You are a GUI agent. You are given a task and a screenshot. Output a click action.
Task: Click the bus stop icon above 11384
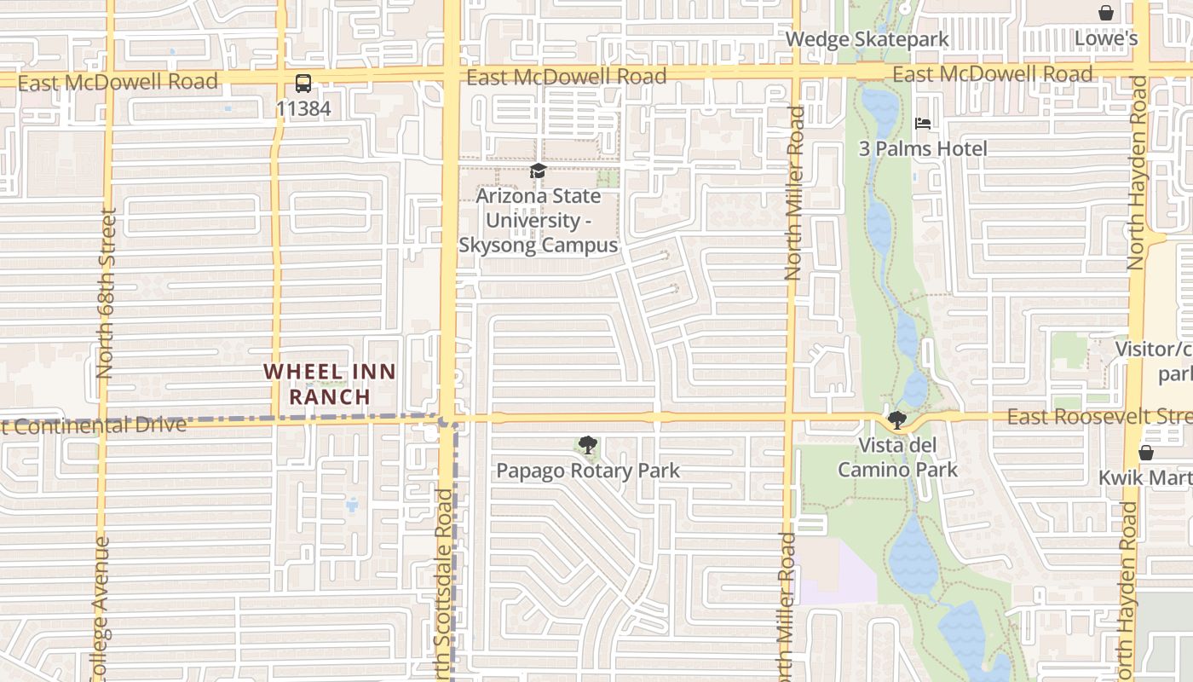click(303, 84)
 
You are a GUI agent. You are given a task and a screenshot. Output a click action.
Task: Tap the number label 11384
click(303, 109)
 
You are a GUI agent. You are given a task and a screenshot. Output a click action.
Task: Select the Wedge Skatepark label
click(867, 39)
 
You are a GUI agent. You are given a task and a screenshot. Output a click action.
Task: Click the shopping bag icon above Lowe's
click(1105, 13)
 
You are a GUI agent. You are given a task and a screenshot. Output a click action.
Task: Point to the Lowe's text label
click(1105, 38)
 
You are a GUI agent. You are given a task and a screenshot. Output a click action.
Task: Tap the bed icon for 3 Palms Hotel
click(922, 124)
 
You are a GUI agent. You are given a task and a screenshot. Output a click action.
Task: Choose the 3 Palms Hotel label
click(922, 149)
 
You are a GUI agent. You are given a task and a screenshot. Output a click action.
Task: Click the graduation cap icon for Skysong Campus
click(538, 171)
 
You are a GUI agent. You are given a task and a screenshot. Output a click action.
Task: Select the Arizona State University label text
click(538, 220)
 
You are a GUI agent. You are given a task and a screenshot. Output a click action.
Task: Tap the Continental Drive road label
click(94, 425)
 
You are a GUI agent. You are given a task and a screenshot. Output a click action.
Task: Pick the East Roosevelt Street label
click(1099, 416)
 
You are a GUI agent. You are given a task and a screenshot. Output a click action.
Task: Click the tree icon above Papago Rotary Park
click(587, 444)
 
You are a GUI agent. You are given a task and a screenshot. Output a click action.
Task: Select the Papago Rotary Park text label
click(588, 471)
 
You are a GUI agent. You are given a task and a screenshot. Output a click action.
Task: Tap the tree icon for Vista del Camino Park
click(896, 419)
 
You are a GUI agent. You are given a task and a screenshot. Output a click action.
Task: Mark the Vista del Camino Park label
click(897, 457)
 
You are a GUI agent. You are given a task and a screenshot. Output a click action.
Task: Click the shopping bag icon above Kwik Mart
click(1146, 452)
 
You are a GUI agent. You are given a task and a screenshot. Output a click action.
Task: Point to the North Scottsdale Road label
click(444, 588)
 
